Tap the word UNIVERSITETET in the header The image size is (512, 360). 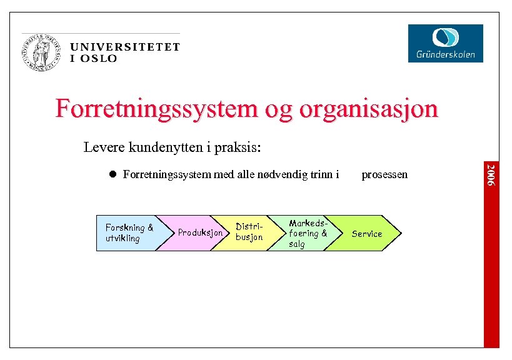125,47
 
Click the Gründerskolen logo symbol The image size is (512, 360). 445,37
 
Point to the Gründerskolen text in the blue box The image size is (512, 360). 446,54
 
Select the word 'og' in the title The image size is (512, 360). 274,109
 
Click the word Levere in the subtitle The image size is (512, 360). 104,148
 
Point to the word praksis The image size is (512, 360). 239,148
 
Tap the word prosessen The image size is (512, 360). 384,174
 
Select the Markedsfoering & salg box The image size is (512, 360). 306,233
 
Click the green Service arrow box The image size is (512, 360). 367,233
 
